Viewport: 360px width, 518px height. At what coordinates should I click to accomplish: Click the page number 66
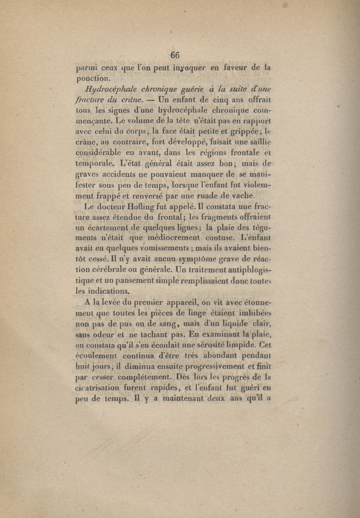pos(175,55)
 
